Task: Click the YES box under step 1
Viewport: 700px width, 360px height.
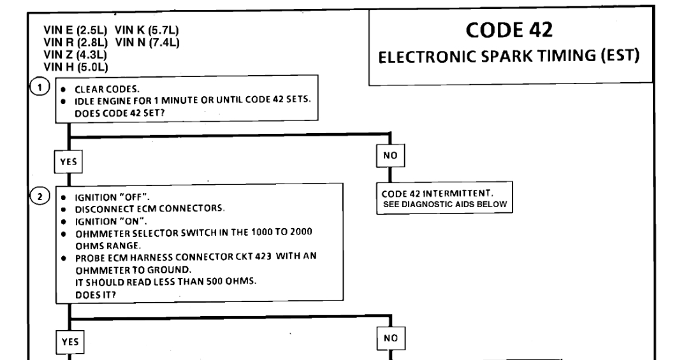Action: point(68,162)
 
